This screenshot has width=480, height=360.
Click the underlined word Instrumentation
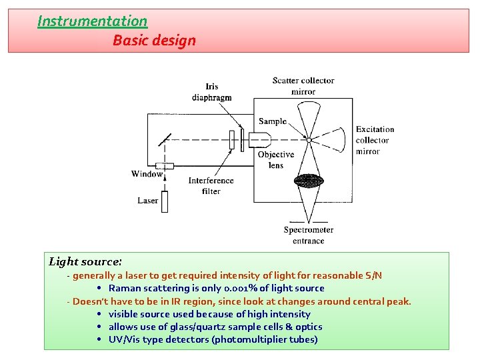[92, 21]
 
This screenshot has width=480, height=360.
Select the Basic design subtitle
[154, 41]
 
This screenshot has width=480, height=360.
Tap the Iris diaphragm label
[212, 92]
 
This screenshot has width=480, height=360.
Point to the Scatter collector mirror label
[303, 86]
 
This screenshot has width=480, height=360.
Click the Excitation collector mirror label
[375, 140]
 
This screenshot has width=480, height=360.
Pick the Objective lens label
[276, 161]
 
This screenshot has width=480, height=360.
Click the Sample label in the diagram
[272, 121]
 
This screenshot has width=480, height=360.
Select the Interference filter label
[211, 185]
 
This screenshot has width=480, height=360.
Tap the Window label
[147, 174]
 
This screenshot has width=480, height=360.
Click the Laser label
[147, 201]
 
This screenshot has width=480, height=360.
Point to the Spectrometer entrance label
[308, 235]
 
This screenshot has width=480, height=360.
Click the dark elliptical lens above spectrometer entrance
[308, 181]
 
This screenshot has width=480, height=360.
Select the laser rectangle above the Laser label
[164, 201]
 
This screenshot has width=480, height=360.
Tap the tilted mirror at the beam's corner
[164, 141]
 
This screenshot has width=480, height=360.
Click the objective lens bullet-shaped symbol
[260, 140]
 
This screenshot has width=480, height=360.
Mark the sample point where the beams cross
[309, 140]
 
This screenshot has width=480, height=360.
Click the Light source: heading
[85, 262]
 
